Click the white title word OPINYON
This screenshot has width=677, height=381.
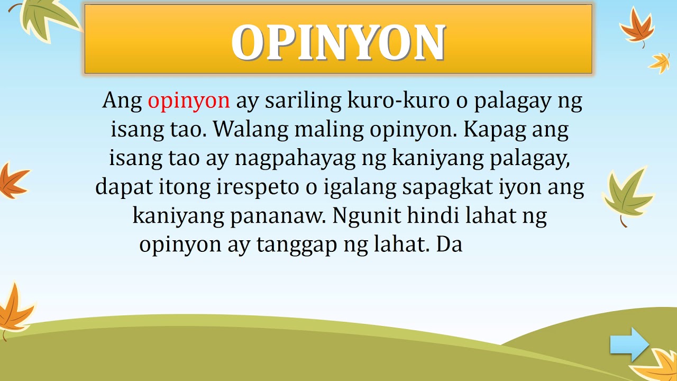point(338,42)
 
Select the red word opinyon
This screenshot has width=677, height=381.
point(189,100)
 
